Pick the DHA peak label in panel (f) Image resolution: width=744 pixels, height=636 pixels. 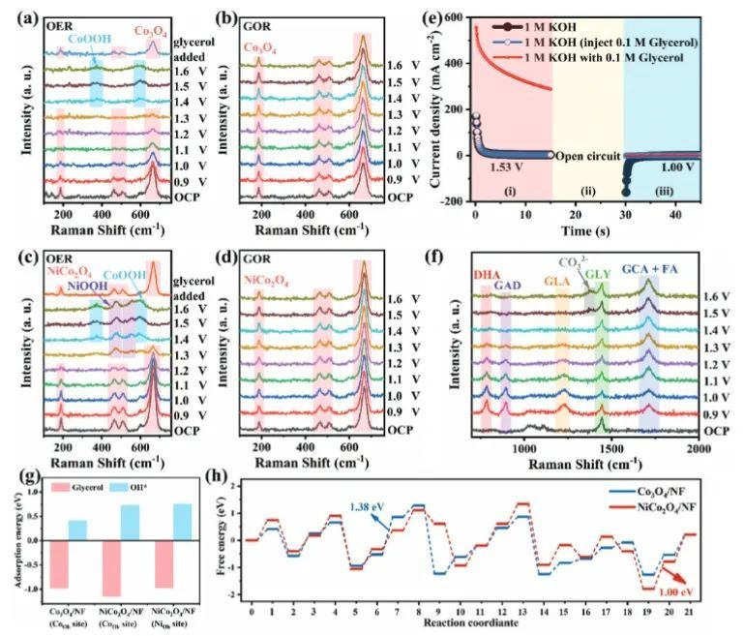tap(486, 277)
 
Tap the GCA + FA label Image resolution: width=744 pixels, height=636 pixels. tap(646, 267)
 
